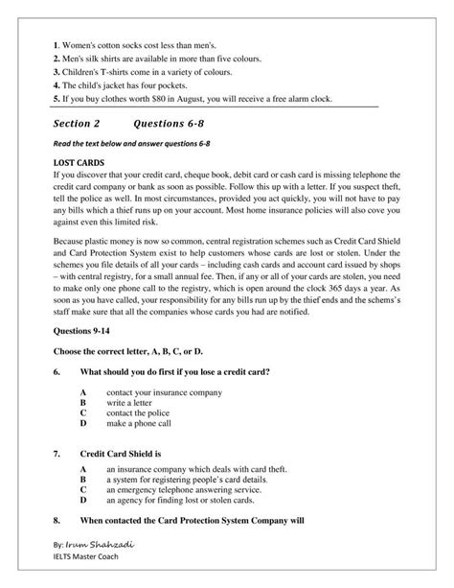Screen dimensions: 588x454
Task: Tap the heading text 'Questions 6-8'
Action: click(174, 123)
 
